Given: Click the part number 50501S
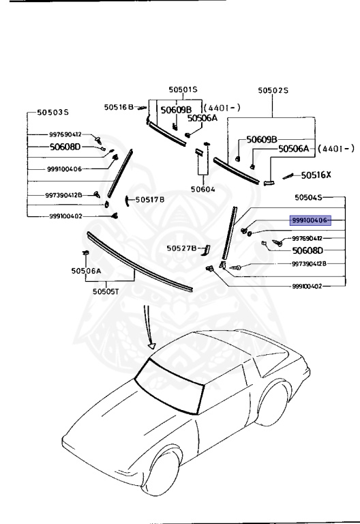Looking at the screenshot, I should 183,89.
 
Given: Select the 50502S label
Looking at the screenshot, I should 273,90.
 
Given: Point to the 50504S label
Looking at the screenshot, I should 310,197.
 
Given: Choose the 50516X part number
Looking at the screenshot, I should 317,175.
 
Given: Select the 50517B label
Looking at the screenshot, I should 150,200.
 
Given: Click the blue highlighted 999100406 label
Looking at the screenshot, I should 310,220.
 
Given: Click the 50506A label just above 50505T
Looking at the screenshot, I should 87,271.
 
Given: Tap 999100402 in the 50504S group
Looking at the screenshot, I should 306,287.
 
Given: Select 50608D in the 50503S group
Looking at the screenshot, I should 65,147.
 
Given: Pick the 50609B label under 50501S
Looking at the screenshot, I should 176,109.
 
